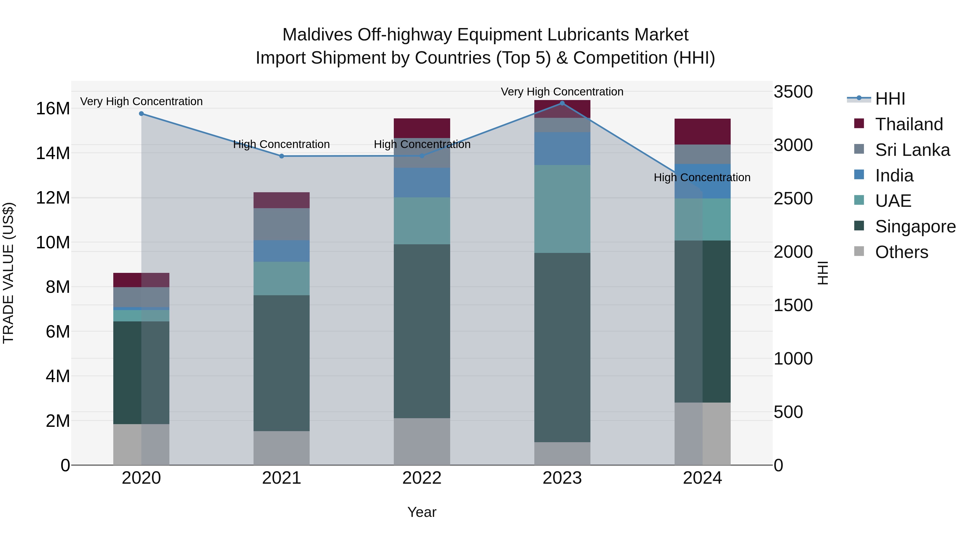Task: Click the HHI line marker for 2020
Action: (x=141, y=114)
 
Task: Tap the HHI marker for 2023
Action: (x=562, y=103)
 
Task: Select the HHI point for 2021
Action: (x=282, y=156)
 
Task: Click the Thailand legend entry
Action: (x=909, y=124)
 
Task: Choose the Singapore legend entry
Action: (x=915, y=226)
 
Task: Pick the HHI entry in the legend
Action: (x=890, y=99)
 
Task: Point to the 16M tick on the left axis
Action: (x=53, y=108)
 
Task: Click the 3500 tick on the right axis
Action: (x=793, y=92)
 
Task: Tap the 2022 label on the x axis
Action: (x=422, y=478)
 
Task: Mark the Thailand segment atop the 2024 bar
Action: (x=702, y=132)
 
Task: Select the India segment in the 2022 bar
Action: (x=422, y=182)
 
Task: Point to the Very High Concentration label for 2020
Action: (x=141, y=101)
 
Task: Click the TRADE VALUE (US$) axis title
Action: (x=8, y=273)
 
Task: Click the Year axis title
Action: (x=422, y=512)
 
